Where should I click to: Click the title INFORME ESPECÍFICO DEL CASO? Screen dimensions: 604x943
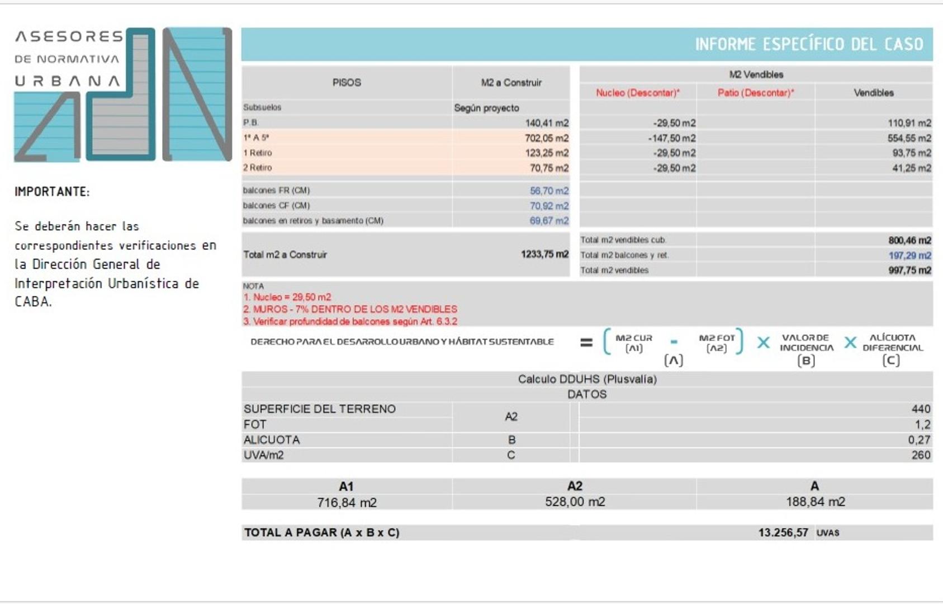[808, 44]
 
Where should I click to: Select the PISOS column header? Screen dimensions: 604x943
[347, 82]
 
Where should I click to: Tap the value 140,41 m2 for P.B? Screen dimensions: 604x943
[546, 123]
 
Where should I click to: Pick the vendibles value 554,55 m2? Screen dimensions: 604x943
[909, 138]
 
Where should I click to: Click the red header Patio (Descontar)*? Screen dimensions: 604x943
[756, 93]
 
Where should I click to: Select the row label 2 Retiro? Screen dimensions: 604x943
[257, 168]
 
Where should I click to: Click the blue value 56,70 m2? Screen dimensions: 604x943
[548, 191]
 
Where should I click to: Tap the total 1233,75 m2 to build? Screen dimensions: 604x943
[544, 254]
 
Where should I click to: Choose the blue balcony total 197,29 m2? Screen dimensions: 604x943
[909, 256]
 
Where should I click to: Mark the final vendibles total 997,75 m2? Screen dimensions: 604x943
[909, 271]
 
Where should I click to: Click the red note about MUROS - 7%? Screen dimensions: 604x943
[350, 309]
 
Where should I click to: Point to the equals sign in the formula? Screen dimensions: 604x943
[586, 342]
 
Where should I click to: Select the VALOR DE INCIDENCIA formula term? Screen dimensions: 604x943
[806, 343]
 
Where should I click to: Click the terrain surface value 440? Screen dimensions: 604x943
[921, 409]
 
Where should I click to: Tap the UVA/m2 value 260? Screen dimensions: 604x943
[921, 455]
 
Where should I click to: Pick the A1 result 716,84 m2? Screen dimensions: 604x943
[347, 503]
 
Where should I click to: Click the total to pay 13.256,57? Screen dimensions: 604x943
[783, 533]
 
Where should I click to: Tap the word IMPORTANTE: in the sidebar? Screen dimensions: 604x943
[52, 192]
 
